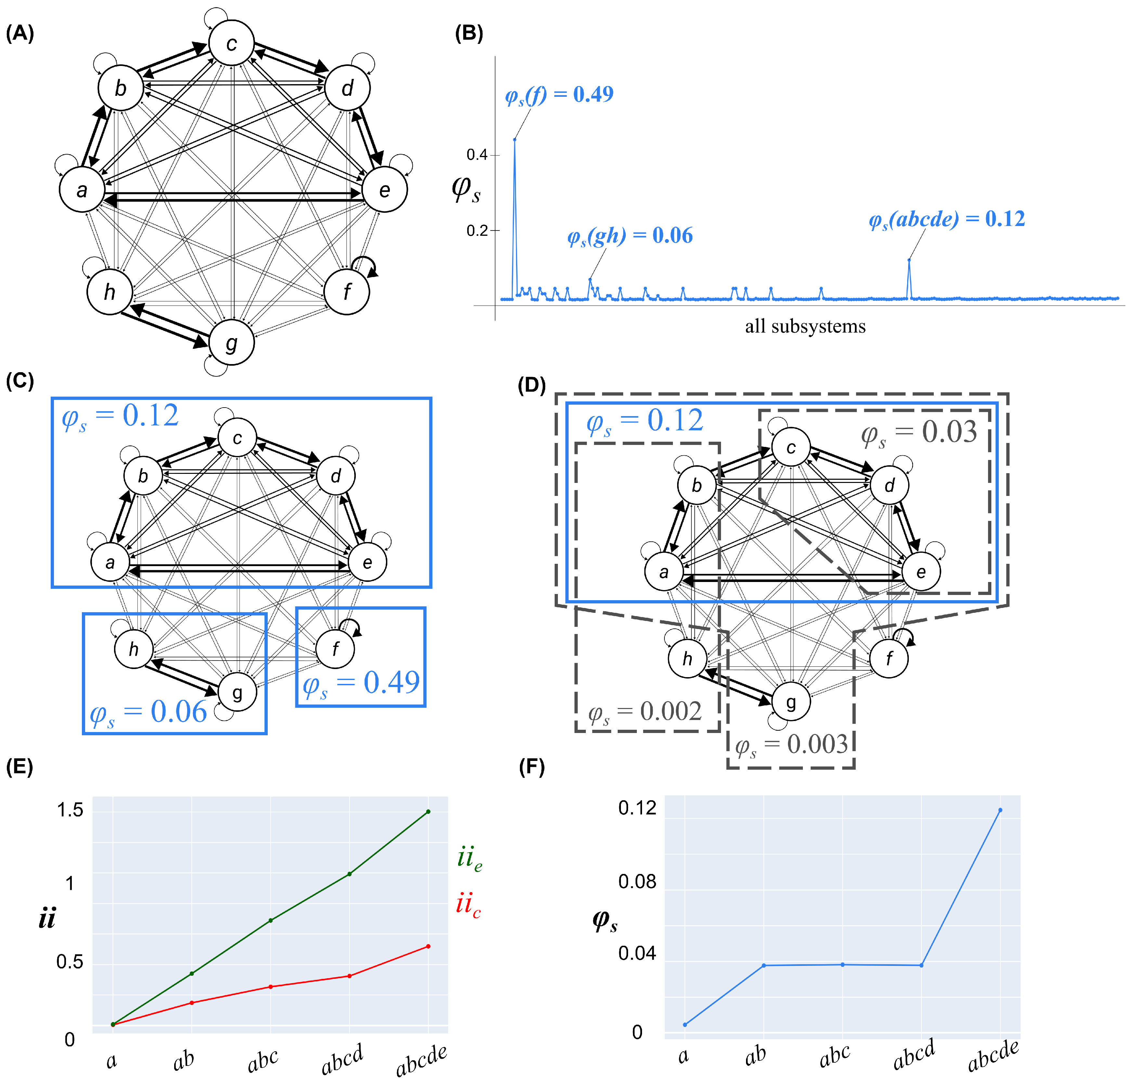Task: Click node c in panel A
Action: [231, 43]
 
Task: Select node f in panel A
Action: [346, 292]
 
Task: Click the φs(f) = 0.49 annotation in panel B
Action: [559, 94]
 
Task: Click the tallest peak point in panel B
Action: [514, 140]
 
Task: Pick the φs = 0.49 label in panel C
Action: [361, 683]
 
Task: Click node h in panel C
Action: [134, 649]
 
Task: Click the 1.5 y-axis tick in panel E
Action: [70, 810]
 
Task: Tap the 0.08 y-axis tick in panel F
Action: [637, 882]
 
